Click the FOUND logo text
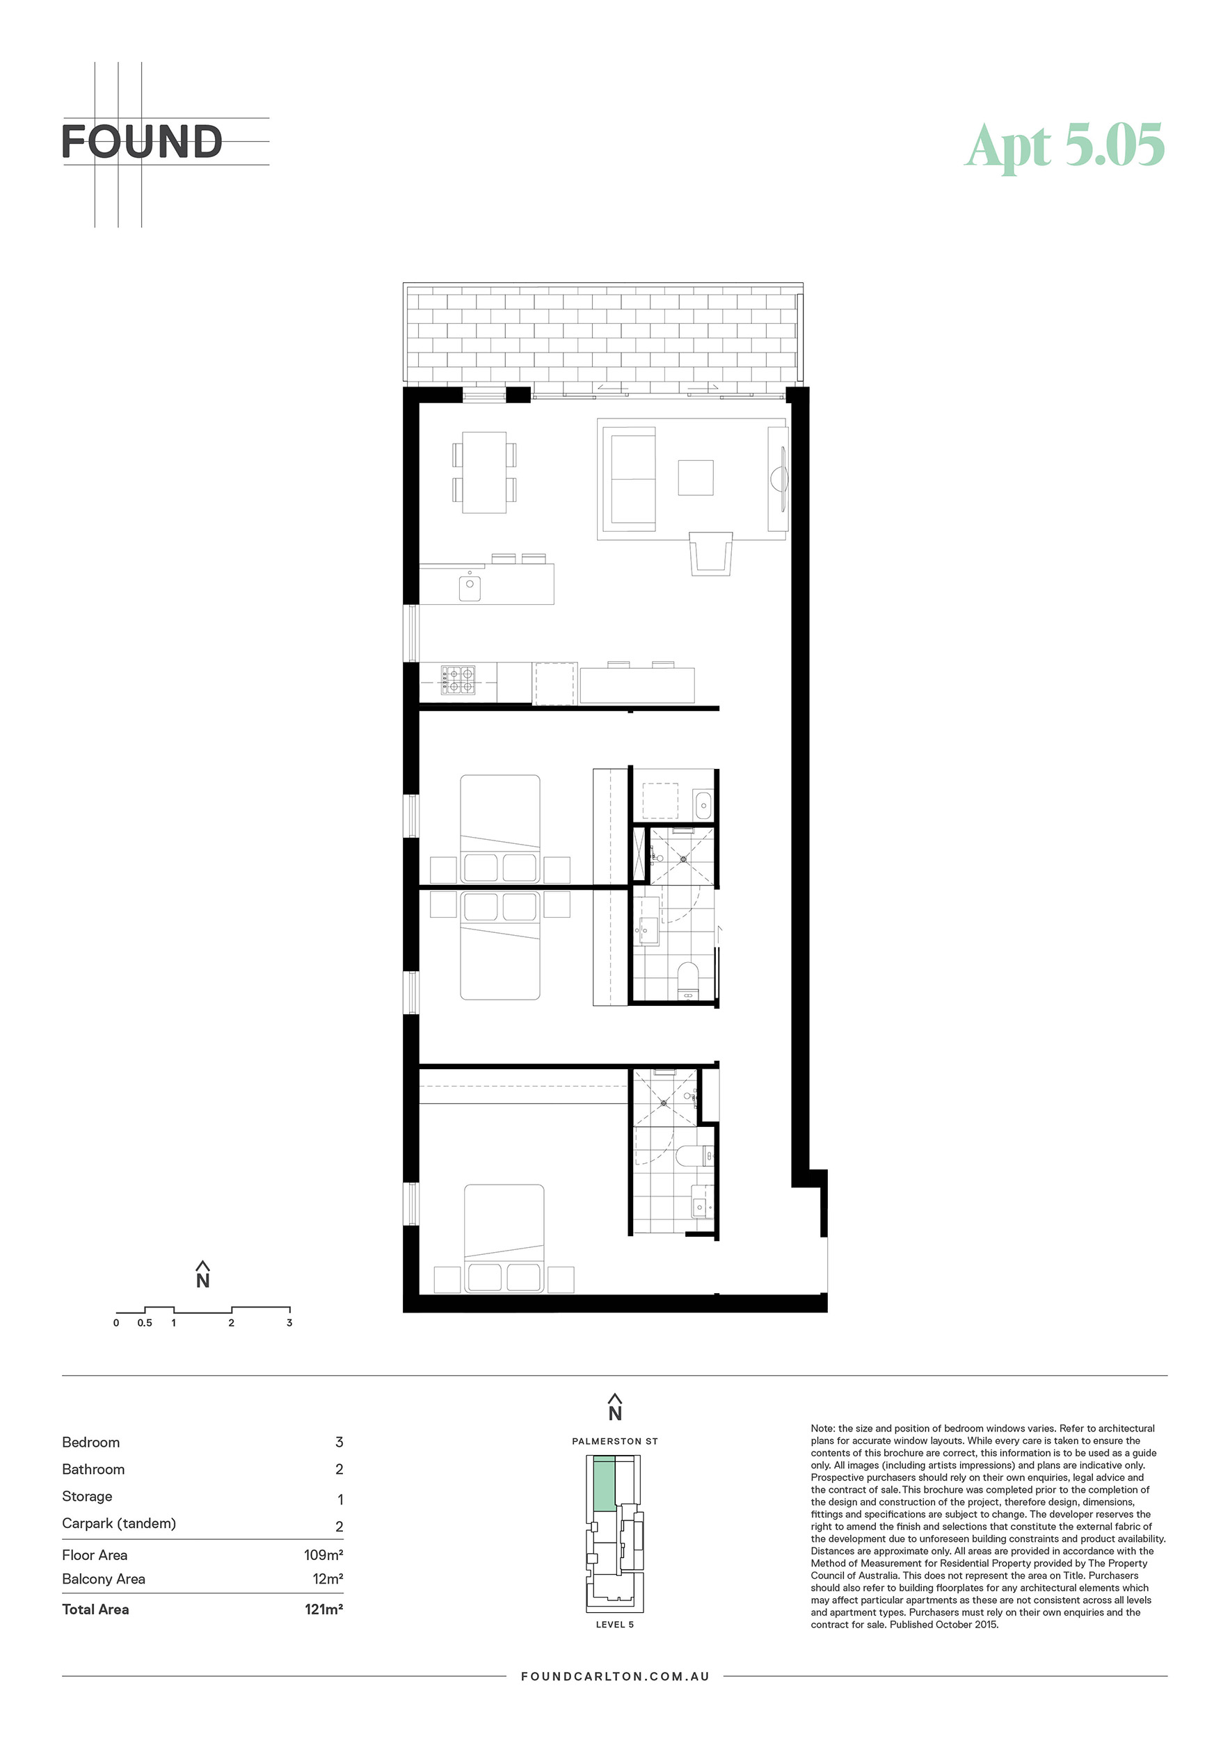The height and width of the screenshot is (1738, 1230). [142, 142]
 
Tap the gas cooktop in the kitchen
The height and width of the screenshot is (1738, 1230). [458, 679]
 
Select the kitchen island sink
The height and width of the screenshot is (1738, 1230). [470, 587]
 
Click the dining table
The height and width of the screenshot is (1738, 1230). [484, 472]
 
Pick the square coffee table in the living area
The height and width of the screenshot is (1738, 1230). [695, 478]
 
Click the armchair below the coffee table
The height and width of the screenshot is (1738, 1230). [710, 553]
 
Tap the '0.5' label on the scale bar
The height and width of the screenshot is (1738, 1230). [145, 1322]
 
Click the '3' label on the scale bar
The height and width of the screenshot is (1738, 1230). [289, 1322]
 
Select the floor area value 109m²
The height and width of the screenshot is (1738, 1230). [324, 1554]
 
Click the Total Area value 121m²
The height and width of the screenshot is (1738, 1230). [324, 1609]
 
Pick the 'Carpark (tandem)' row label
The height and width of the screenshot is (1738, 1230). [119, 1524]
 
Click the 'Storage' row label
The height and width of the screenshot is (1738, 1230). [87, 1497]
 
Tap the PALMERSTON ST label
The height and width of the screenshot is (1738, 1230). [615, 1441]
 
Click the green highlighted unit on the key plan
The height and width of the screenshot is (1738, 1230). [604, 1486]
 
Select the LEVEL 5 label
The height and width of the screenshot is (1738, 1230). [615, 1625]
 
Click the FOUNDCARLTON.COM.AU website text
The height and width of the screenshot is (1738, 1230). [615, 1676]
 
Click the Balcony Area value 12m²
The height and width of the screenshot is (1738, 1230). [328, 1579]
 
